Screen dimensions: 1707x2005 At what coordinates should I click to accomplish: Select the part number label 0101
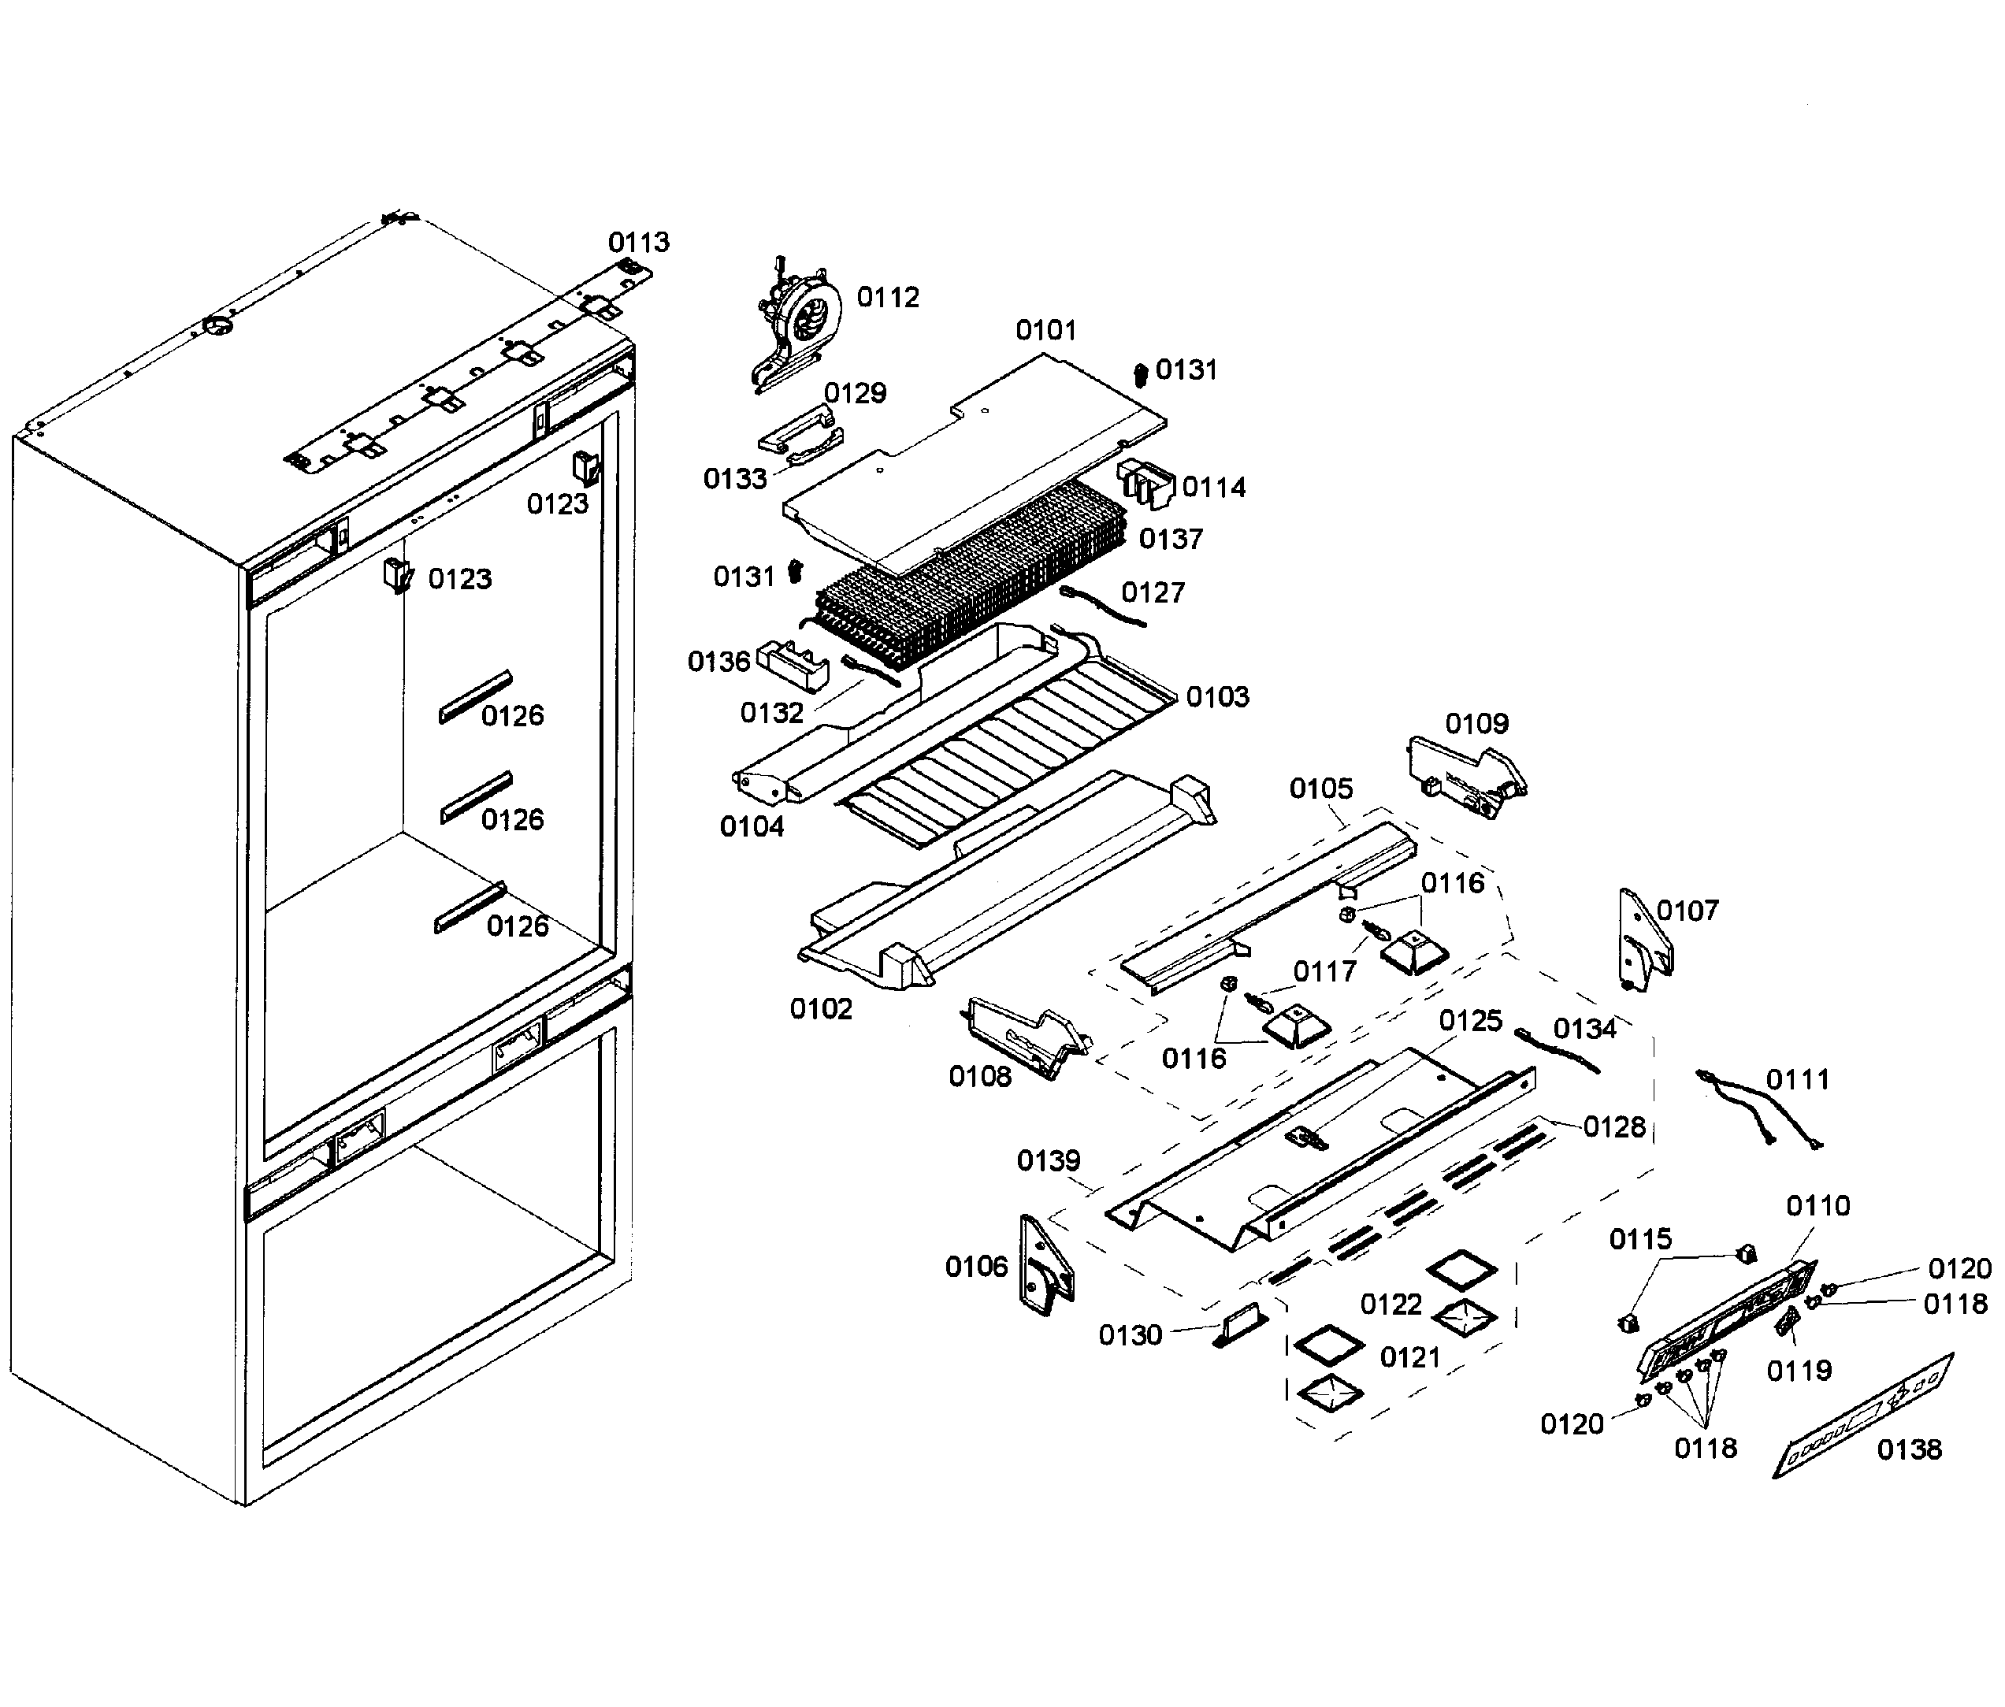[x=1045, y=331]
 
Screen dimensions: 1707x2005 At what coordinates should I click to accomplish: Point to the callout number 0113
[x=639, y=242]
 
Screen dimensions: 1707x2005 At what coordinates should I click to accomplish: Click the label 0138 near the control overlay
[x=1908, y=1449]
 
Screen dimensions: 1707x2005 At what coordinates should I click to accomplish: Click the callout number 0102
[x=821, y=1009]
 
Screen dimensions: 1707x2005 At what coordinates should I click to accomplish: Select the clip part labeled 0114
[x=1147, y=481]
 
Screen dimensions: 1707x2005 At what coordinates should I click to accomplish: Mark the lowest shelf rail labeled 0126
[x=470, y=907]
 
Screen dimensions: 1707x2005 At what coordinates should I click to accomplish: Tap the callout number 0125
[x=1470, y=1021]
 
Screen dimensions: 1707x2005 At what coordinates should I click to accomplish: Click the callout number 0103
[x=1217, y=696]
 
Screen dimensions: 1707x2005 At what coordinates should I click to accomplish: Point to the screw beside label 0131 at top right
[x=1140, y=373]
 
